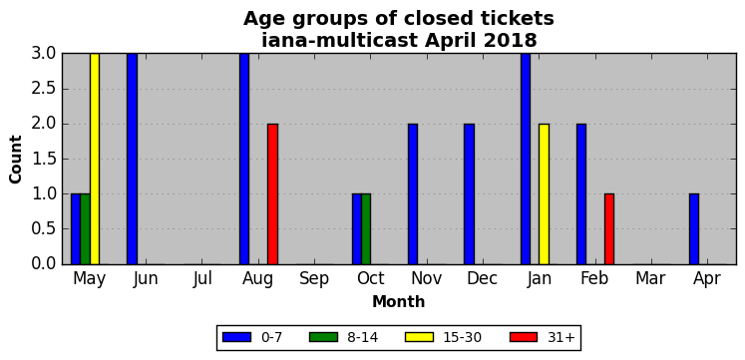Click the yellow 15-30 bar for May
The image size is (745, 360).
(95, 159)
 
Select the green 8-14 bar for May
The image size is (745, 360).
(85, 229)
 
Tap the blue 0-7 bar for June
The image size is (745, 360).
(132, 159)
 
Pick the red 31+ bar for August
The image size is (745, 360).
(272, 193)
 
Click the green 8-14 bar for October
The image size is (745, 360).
(366, 229)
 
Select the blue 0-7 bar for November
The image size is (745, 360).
(413, 193)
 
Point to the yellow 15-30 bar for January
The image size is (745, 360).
(544, 193)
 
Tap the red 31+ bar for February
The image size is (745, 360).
(609, 229)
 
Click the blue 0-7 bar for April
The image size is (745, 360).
(694, 229)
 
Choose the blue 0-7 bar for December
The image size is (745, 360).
(470, 193)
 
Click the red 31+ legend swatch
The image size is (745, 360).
(524, 337)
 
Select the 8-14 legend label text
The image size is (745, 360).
(362, 337)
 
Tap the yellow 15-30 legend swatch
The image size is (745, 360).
(420, 337)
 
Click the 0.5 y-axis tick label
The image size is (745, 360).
(44, 229)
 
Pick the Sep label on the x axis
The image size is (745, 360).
(314, 279)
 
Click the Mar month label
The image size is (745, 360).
(650, 279)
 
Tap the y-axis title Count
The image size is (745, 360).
(16, 160)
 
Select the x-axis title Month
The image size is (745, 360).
(399, 301)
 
